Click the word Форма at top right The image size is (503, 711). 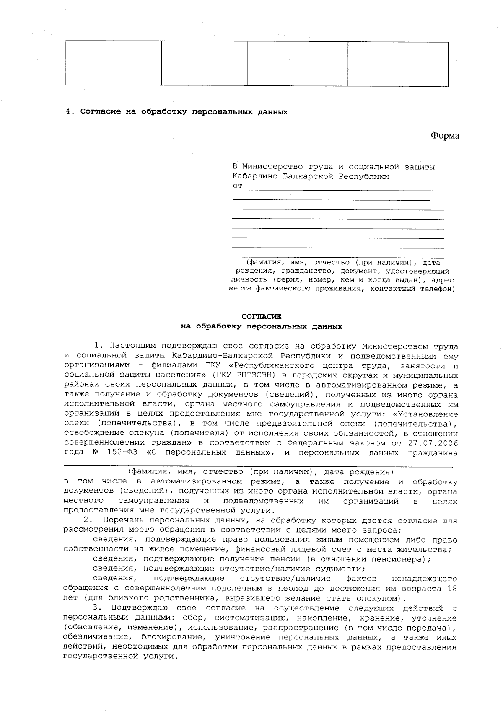pos(445,136)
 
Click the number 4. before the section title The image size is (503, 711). pos(70,112)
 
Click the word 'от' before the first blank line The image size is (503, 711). pos(237,186)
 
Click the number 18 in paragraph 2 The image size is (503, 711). pos(451,589)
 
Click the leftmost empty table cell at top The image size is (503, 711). pos(113,64)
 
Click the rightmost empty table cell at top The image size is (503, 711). pos(398,64)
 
